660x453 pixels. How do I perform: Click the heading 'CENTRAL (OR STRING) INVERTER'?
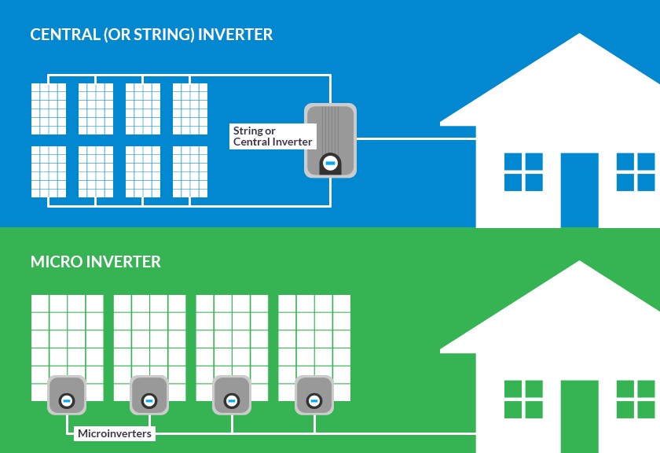point(152,35)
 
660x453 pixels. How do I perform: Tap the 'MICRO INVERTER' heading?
point(95,261)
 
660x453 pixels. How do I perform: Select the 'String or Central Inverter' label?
point(272,136)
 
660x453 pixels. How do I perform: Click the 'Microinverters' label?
point(115,433)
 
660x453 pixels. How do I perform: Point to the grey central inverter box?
point(330,139)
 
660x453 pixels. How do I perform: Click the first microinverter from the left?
point(66,395)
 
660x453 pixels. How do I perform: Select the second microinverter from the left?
point(148,395)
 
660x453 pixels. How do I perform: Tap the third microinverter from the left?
point(232,395)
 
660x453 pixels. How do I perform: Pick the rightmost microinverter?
point(314,395)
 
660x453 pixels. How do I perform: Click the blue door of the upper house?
point(579,190)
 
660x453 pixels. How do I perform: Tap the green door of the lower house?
point(579,417)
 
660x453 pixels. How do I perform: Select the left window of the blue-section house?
point(523,172)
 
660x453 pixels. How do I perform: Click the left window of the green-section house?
point(523,399)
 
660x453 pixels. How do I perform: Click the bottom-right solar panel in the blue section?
point(190,171)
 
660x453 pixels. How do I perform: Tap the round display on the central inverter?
point(330,163)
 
